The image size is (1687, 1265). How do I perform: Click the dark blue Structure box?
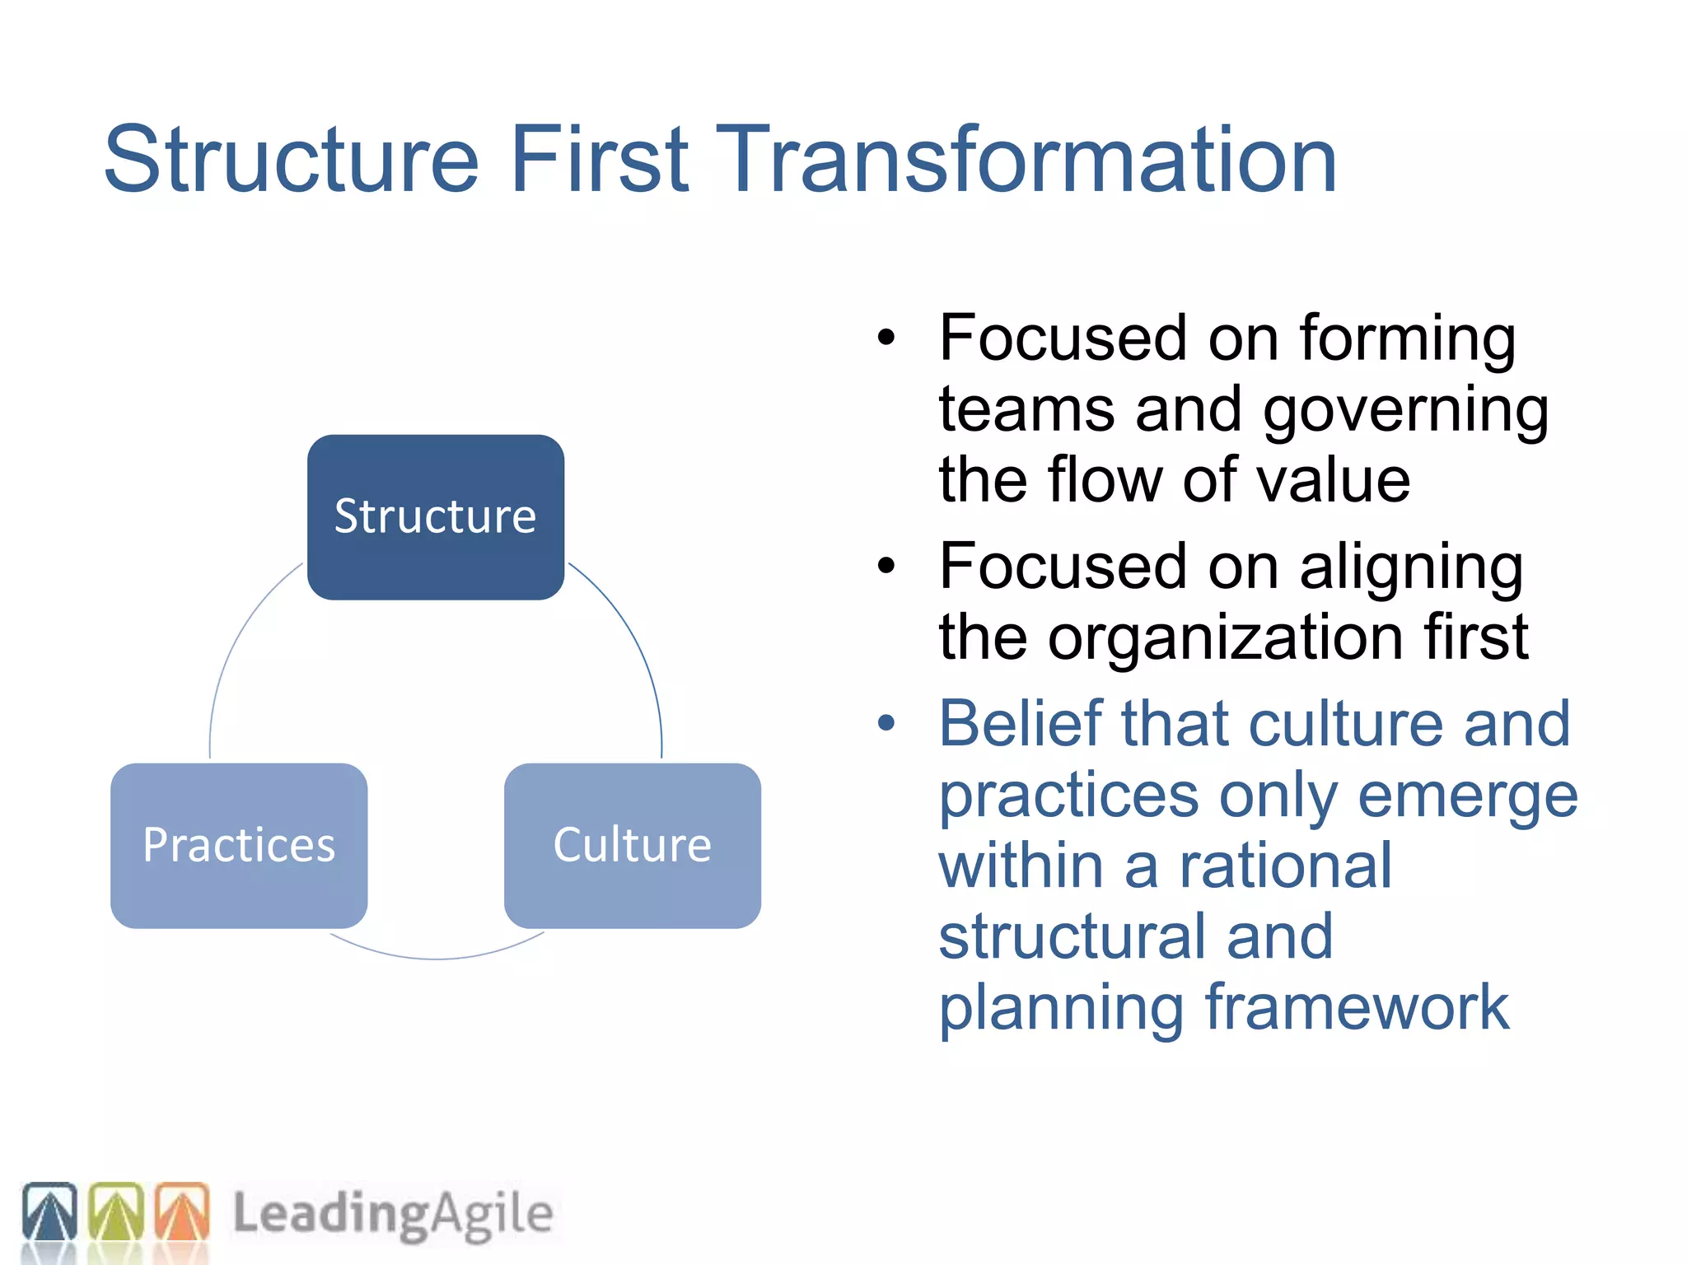coord(435,516)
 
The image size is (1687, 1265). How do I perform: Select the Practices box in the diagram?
coord(239,845)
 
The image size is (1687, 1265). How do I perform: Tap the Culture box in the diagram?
coord(632,845)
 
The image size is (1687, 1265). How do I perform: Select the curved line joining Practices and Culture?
coord(437,958)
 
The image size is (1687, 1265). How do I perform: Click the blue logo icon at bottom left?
coord(49,1212)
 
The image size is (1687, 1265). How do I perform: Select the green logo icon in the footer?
coord(115,1212)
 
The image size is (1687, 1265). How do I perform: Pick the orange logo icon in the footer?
coord(182,1212)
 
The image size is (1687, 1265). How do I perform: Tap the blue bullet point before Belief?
coord(886,723)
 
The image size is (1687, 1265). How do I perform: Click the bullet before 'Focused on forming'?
coord(886,337)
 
